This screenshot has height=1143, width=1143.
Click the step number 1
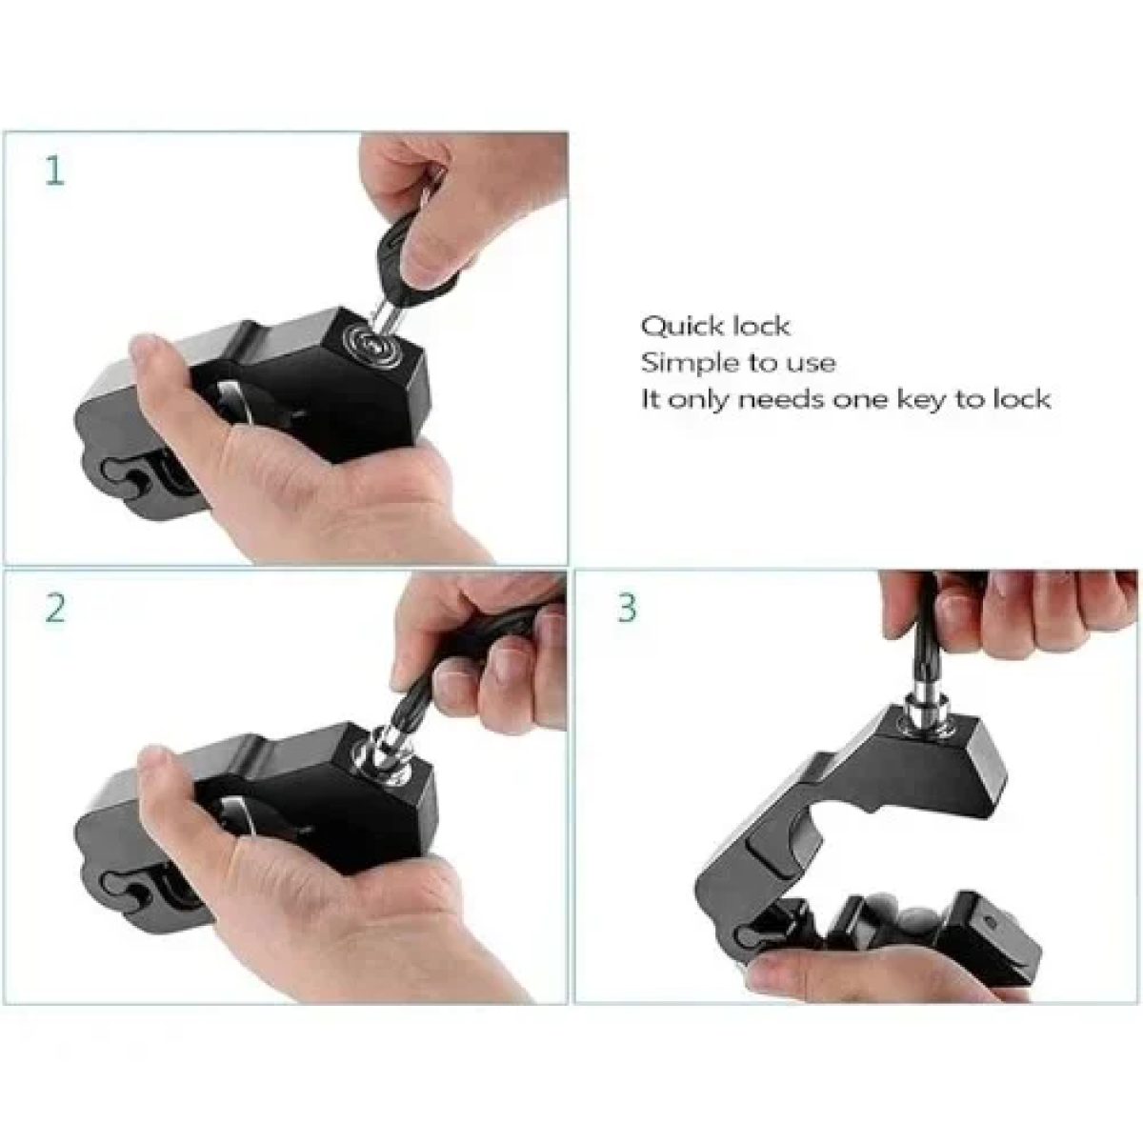pyautogui.click(x=54, y=170)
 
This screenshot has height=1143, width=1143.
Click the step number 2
pyautogui.click(x=55, y=608)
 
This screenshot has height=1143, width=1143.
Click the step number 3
pyautogui.click(x=628, y=608)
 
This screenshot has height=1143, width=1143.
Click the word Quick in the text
pyautogui.click(x=680, y=327)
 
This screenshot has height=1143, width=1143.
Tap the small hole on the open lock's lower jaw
pyautogui.click(x=990, y=922)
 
